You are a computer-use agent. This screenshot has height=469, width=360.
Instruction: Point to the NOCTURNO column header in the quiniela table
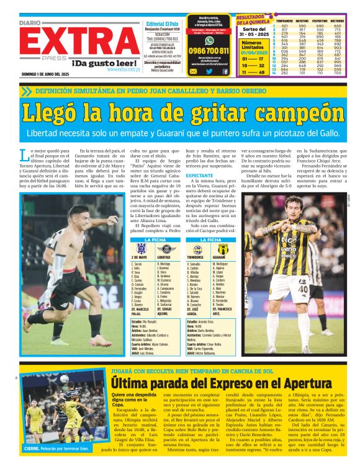click(x=338, y=20)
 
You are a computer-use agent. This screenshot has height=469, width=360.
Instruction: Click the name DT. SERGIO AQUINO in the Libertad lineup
click(x=164, y=310)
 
